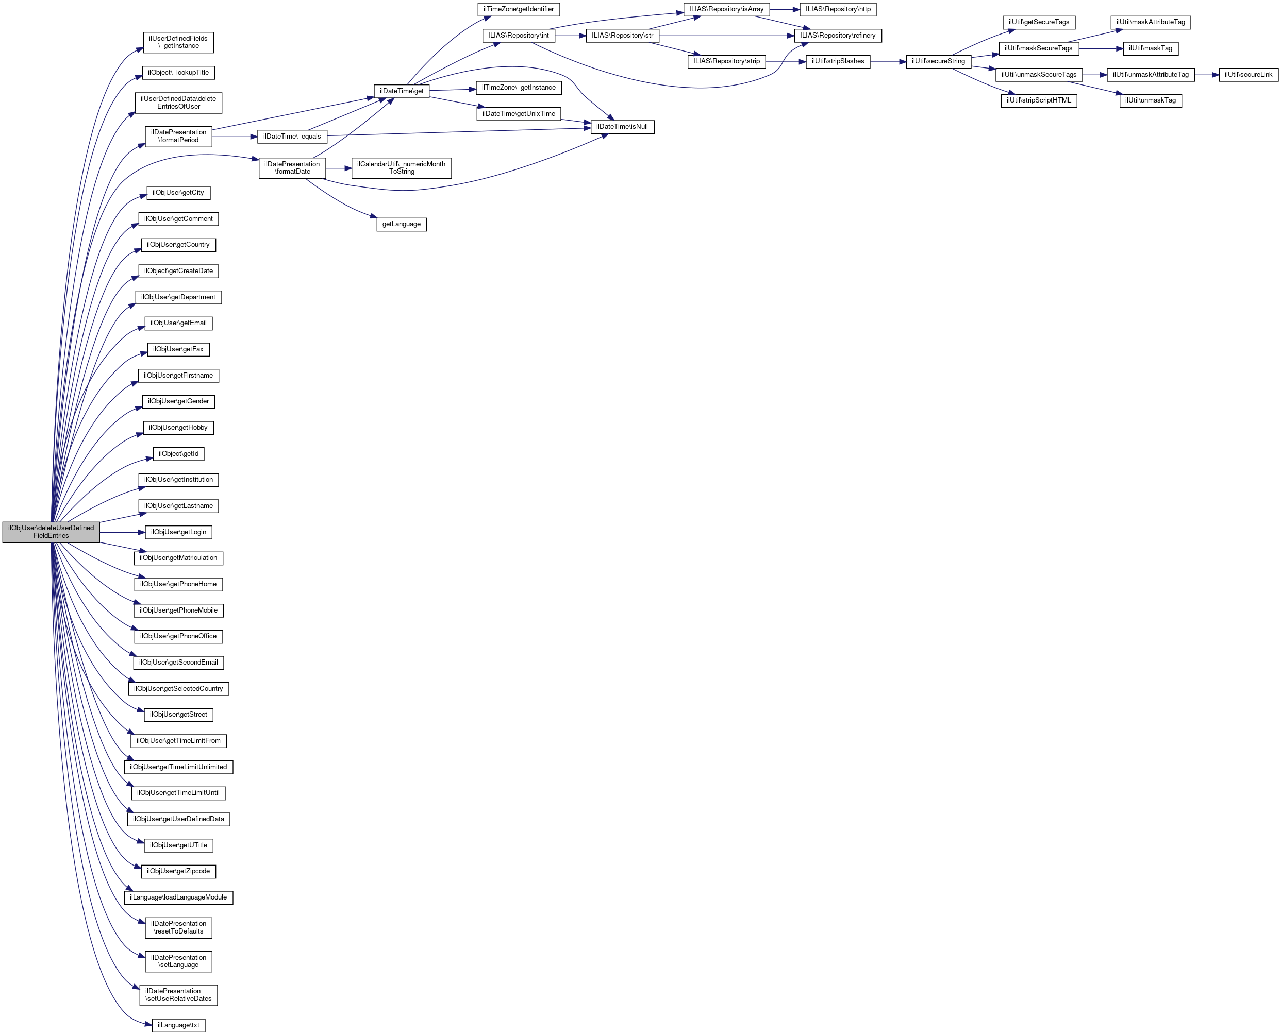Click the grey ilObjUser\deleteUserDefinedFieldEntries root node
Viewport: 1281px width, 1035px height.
51,532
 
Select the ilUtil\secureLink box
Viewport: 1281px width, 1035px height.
1248,75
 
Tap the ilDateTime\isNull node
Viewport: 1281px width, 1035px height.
622,127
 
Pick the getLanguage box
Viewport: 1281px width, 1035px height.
401,224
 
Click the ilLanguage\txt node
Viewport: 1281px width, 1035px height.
178,1025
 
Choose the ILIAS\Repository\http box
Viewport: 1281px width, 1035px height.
838,10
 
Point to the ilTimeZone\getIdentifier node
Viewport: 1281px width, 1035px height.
519,10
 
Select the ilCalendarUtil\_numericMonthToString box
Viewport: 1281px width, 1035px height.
401,168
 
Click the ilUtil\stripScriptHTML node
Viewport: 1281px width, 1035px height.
1039,100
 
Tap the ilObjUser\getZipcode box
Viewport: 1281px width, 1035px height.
178,871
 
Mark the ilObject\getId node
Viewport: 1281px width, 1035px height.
178,454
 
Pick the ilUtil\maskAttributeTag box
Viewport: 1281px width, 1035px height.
1151,22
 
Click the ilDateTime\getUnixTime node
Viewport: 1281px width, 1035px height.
519,114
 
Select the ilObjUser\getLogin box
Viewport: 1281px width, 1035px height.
178,532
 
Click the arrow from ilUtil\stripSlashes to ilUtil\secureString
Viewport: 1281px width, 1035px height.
888,61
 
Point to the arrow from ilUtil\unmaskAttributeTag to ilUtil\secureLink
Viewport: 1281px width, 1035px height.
1206,75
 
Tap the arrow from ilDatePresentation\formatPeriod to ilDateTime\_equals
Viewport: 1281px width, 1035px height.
234,137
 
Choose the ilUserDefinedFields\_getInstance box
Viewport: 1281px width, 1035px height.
178,42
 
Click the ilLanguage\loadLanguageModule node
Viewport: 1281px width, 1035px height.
178,897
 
